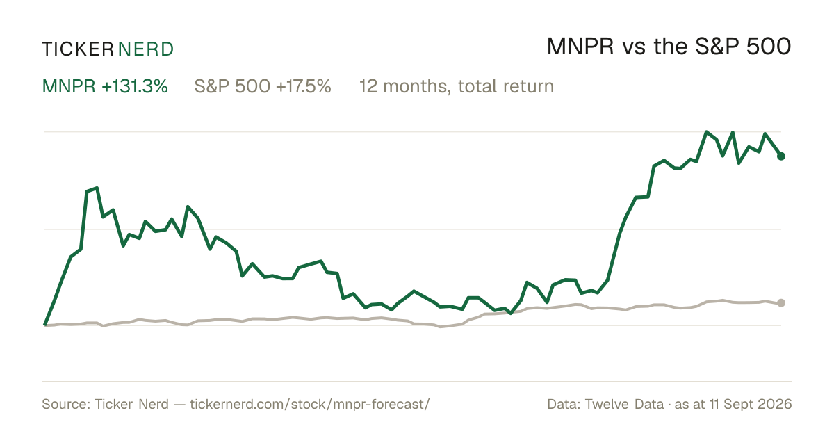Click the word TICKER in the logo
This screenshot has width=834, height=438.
[x=77, y=49]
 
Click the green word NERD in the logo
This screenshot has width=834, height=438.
[x=145, y=49]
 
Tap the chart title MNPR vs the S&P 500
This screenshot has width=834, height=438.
[x=669, y=47]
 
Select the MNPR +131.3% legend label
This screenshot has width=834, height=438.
[x=105, y=86]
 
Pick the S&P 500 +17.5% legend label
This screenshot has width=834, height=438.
[x=263, y=86]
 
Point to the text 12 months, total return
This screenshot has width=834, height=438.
[x=457, y=87]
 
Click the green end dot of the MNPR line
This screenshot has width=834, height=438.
[x=781, y=156]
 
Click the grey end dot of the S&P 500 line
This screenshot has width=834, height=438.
[x=781, y=303]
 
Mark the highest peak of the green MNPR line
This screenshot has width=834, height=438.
[x=707, y=132]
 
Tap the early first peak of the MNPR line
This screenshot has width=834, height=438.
[x=97, y=188]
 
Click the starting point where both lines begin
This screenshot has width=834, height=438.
[x=45, y=325]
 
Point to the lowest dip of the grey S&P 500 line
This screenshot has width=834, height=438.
[x=441, y=327]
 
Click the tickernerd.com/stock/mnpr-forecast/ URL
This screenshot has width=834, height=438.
[x=310, y=404]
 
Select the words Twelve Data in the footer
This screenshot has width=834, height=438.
[x=624, y=404]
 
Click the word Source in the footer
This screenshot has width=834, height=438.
[x=64, y=404]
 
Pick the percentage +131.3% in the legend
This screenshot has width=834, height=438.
[x=135, y=86]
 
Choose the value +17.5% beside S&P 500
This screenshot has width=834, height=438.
[x=304, y=86]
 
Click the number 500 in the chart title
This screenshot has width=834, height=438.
[x=769, y=47]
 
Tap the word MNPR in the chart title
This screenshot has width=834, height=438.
[x=580, y=47]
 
